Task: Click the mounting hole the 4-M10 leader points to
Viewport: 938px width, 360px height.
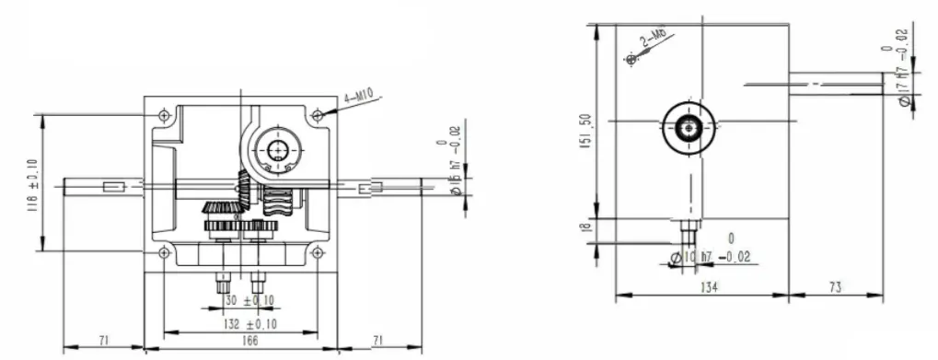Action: coord(318,116)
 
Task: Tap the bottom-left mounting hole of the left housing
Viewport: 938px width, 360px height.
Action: coord(163,249)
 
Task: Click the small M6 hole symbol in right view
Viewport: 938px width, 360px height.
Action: coord(631,60)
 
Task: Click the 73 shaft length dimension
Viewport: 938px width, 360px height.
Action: coord(834,288)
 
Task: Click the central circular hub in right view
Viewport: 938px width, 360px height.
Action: coord(686,127)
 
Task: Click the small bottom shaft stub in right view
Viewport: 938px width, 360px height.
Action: coord(686,226)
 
